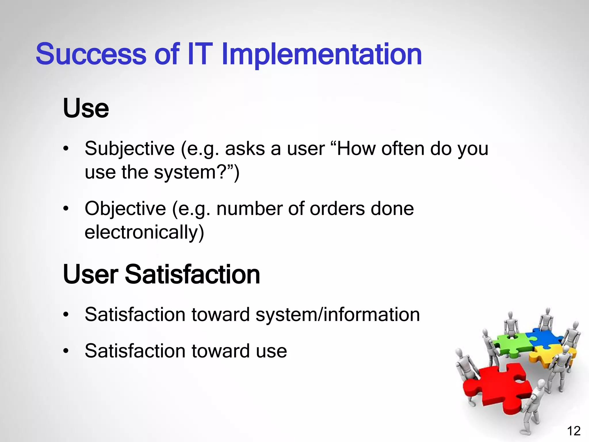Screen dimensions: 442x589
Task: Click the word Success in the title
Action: click(91, 54)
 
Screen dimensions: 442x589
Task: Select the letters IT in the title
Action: click(200, 54)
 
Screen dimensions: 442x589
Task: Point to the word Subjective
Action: click(129, 149)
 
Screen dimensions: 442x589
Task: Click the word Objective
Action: click(125, 209)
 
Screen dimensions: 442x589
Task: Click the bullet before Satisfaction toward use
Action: click(66, 351)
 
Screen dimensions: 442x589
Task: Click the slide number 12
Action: click(573, 431)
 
